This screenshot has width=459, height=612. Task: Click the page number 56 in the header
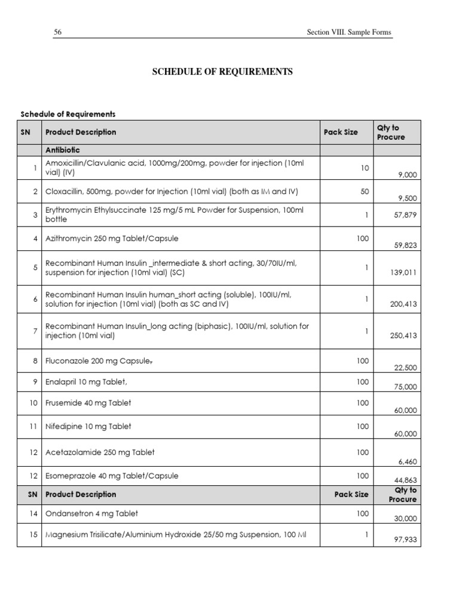tap(58, 32)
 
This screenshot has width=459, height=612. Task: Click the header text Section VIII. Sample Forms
tap(348, 32)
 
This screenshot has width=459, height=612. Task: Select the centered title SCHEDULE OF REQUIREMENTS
tap(222, 72)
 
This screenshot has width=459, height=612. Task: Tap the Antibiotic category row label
tap(63, 150)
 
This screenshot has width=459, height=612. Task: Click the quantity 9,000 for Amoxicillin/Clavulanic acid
tap(407, 175)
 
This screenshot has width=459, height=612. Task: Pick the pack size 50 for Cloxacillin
tap(365, 192)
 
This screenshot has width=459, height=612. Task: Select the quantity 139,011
tap(403, 272)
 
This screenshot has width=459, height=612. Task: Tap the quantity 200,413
tap(403, 304)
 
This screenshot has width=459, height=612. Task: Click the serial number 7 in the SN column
tap(35, 331)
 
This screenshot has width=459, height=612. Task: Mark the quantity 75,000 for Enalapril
tap(406, 387)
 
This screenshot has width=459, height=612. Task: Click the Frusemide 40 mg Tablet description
tap(88, 403)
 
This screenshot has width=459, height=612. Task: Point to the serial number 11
tap(34, 426)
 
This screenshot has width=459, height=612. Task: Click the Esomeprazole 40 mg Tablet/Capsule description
tap(112, 476)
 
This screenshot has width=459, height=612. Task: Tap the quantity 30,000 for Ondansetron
tap(406, 519)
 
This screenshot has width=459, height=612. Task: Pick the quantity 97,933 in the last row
tap(406, 540)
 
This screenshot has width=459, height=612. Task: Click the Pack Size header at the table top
tap(341, 132)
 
